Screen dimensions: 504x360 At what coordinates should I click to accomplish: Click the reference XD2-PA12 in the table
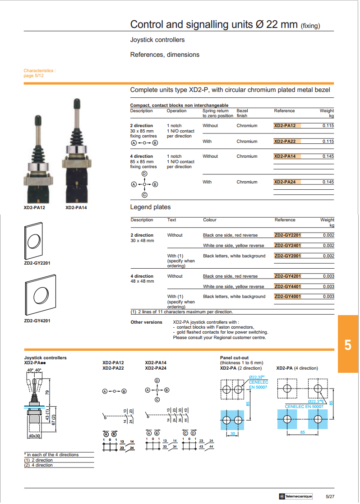click(285, 126)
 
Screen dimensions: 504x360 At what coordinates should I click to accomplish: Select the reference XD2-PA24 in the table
click(285, 182)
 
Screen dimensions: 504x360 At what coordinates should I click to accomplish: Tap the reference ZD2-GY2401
click(287, 246)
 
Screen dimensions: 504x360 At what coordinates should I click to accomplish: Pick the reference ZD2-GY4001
click(287, 297)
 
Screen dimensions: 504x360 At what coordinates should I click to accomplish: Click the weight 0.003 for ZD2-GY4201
click(328, 276)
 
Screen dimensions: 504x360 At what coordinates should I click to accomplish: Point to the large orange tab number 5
click(347, 345)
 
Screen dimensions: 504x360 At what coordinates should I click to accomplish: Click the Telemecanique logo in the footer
click(295, 496)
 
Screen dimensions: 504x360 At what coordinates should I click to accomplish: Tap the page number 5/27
click(330, 496)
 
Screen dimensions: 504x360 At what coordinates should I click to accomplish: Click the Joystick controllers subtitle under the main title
click(157, 40)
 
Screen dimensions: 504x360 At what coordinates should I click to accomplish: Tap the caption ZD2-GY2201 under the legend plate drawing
click(37, 263)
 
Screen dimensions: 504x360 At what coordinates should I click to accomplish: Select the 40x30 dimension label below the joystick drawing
click(35, 436)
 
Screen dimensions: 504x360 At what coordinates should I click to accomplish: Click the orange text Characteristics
click(40, 71)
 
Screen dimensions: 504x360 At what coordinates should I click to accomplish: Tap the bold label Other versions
click(146, 322)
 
